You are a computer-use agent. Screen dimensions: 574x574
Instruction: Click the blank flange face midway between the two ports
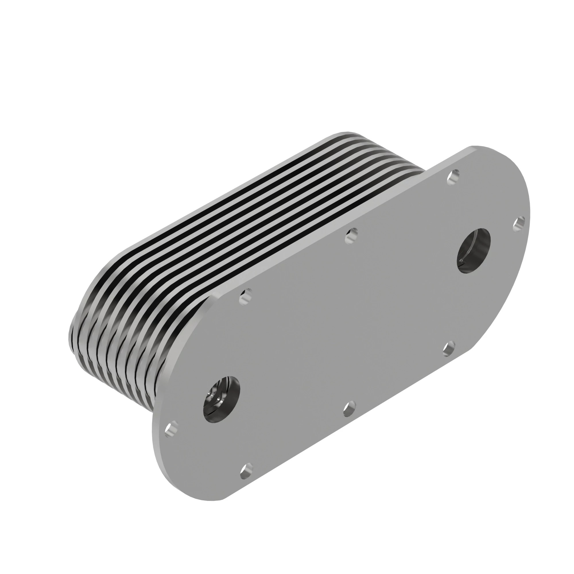pyautogui.click(x=348, y=324)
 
